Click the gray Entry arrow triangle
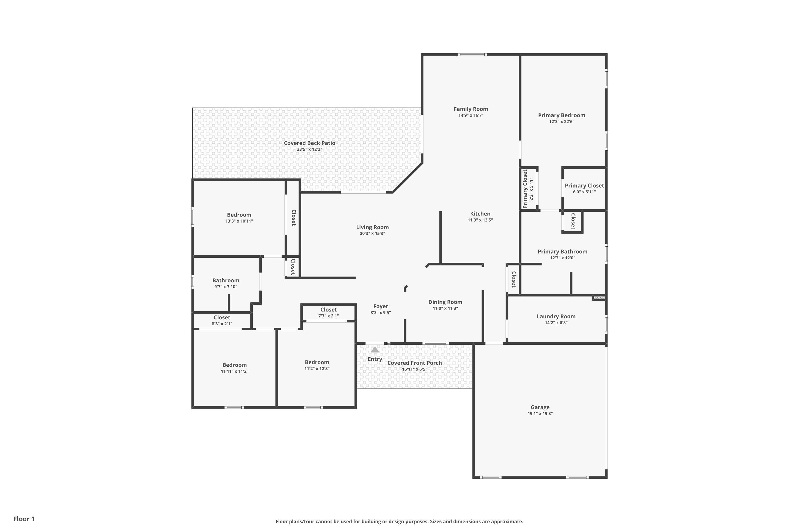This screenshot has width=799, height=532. [375, 350]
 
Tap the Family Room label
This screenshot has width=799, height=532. [471, 109]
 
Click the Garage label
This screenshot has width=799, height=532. [540, 407]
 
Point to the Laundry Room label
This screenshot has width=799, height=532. [556, 316]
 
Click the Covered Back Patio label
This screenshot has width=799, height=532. [309, 143]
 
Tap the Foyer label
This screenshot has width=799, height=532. [381, 306]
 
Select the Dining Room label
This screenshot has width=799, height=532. [445, 302]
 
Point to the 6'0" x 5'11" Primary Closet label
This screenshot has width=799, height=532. [584, 186]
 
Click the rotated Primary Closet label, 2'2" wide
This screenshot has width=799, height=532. [525, 189]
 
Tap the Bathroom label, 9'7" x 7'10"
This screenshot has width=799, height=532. [226, 280]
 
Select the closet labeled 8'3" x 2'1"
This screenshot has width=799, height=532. [222, 317]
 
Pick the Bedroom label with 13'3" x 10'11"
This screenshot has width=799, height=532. [239, 215]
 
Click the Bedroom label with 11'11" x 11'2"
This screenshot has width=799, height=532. [234, 365]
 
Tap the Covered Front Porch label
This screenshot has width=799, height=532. [414, 363]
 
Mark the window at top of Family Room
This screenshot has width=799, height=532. [472, 54]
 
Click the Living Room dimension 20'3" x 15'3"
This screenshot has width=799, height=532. [372, 234]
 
